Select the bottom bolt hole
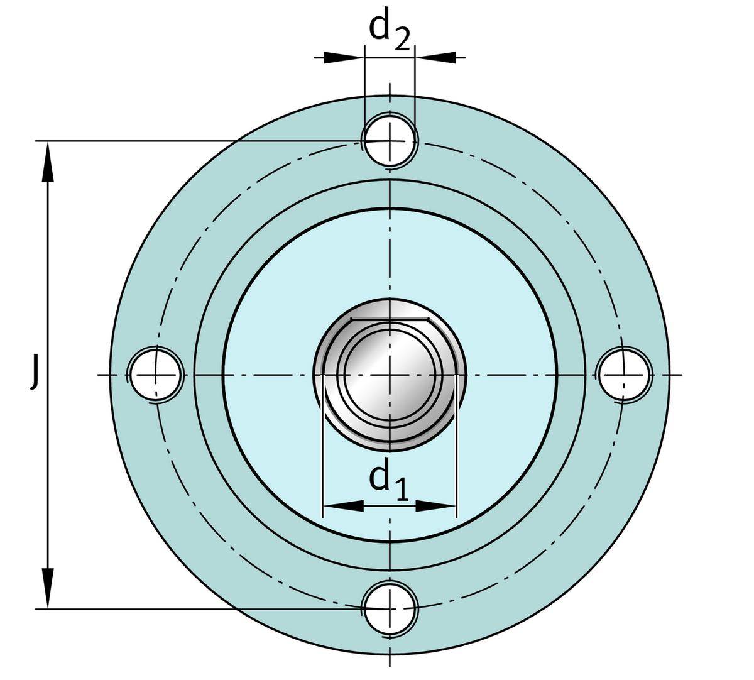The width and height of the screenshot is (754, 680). [x=390, y=608]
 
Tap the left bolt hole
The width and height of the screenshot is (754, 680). [x=155, y=375]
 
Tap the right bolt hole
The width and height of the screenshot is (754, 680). [x=624, y=375]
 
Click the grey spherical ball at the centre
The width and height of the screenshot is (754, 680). [x=390, y=375]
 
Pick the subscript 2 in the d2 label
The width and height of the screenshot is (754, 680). [x=402, y=40]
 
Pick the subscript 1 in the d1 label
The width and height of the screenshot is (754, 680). [x=402, y=489]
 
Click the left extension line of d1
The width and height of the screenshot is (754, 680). [x=322, y=465]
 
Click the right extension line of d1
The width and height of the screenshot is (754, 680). [x=456, y=465]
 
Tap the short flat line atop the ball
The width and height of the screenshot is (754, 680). [x=390, y=319]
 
